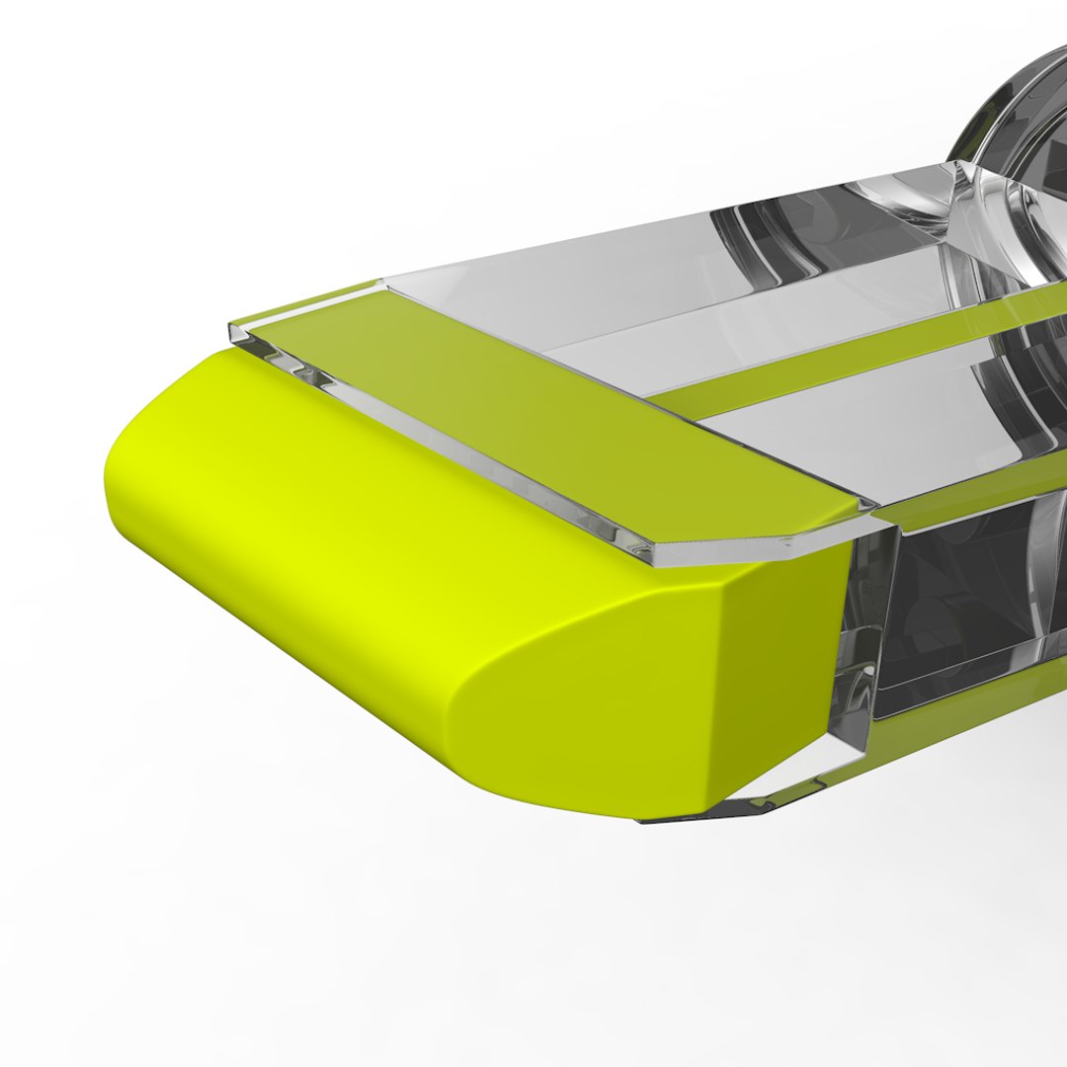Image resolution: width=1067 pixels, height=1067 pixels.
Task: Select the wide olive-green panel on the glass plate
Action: click(553, 415)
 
